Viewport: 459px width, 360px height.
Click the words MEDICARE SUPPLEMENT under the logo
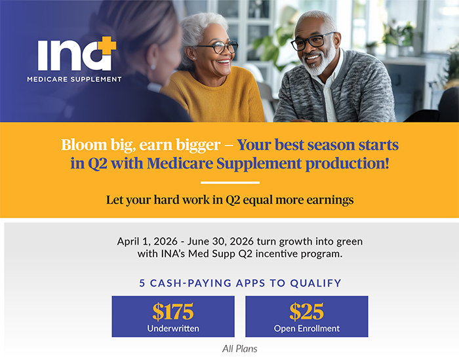(x=74, y=79)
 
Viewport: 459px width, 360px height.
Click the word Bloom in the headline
(x=81, y=145)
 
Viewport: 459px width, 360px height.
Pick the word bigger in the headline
(x=202, y=145)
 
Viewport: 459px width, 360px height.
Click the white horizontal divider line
(x=229, y=182)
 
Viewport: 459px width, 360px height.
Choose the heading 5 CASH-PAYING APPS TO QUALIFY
(x=240, y=283)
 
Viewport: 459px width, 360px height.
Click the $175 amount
(x=173, y=310)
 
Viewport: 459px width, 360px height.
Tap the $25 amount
(x=306, y=310)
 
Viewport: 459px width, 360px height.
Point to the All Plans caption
(x=240, y=349)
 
